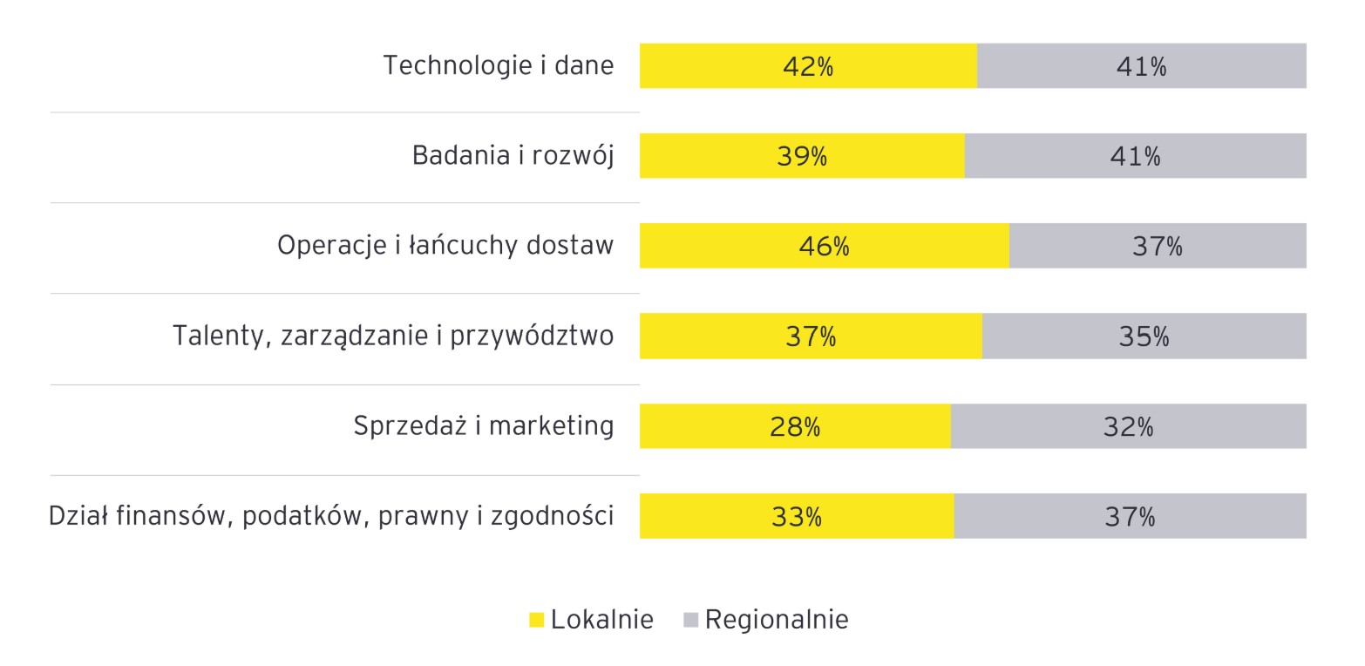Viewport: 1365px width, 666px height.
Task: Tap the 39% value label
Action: click(x=802, y=157)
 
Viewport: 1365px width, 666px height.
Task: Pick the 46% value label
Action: click(x=824, y=247)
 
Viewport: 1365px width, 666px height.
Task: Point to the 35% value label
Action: click(x=1144, y=336)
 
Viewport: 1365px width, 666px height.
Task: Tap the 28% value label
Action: click(x=795, y=427)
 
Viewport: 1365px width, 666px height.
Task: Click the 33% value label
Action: click(x=797, y=517)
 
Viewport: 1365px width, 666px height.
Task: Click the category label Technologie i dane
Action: click(x=499, y=66)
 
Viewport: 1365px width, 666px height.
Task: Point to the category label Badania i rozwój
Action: click(x=513, y=157)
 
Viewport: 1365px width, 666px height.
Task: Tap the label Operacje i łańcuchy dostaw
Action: click(x=445, y=247)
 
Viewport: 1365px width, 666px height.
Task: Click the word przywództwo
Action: click(x=532, y=336)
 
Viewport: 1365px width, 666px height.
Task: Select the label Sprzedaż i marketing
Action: click(x=484, y=426)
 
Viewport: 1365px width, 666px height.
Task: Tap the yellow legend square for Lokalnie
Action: click(x=537, y=621)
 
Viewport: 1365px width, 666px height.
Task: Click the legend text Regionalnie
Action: click(x=776, y=620)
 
